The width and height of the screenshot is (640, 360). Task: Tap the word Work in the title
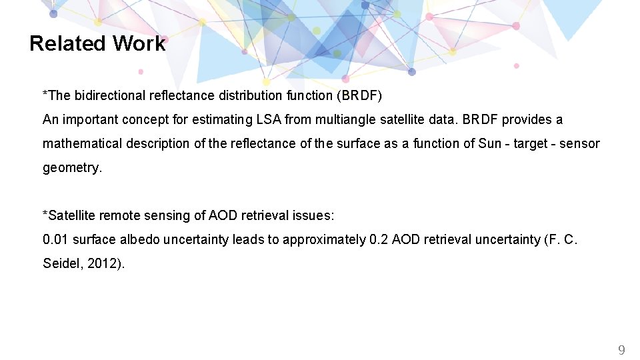139,43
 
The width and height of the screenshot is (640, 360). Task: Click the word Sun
490,143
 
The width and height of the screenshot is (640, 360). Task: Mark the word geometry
71,167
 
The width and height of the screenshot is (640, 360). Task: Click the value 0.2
378,239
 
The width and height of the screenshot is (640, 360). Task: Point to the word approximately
324,239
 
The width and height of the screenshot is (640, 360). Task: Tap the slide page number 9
621,349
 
